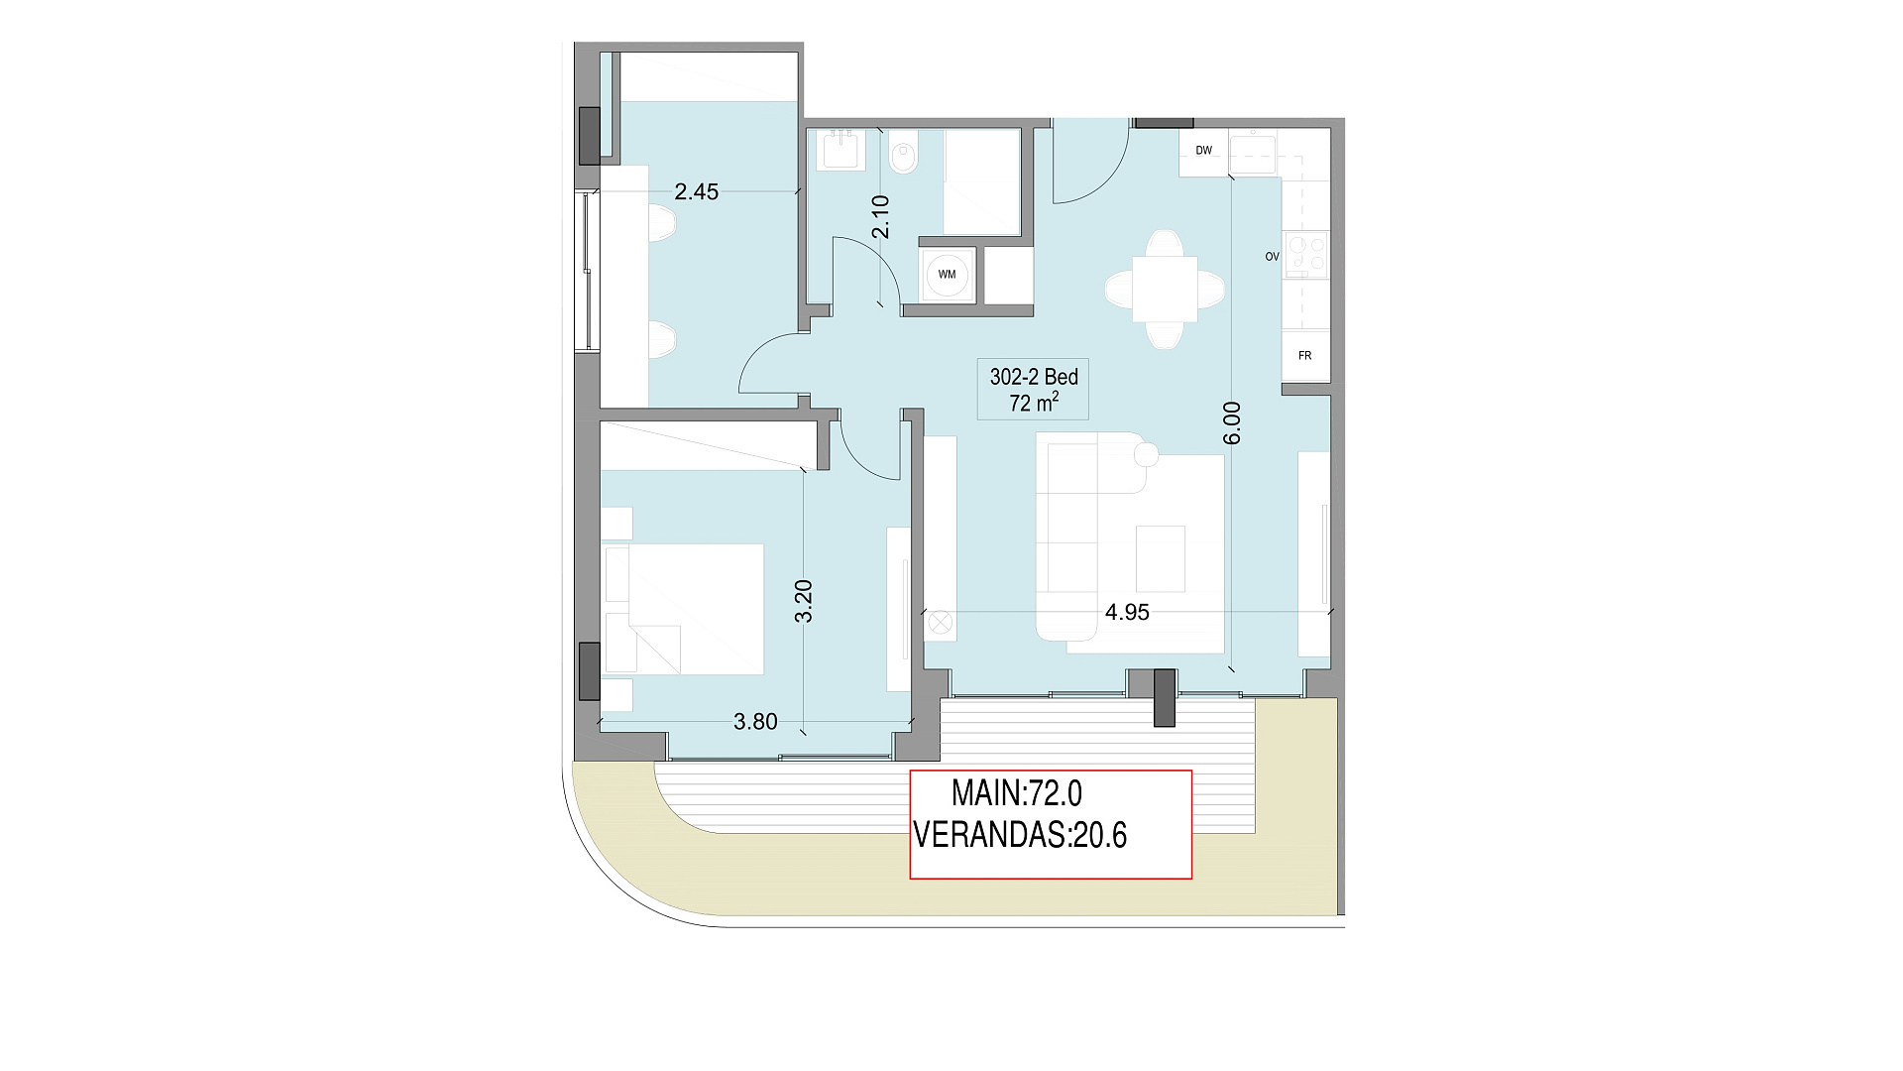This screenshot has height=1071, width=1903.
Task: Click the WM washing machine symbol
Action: coord(948,275)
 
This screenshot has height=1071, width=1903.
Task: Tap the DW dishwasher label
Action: coord(1203,151)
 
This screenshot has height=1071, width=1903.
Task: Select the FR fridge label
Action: coord(1304,355)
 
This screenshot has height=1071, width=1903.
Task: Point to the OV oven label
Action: coord(1272,257)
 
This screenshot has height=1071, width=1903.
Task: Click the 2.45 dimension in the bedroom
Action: coord(696,192)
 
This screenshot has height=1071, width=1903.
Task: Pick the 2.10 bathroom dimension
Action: coord(880,216)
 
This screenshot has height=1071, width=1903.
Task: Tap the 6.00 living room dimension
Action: coord(1232,422)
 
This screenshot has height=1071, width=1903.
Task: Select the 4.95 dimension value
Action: coord(1127,613)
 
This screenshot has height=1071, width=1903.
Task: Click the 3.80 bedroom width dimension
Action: coord(755,722)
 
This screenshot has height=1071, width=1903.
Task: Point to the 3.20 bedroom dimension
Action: coord(804,601)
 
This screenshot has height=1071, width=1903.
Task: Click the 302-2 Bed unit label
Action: coord(1034,377)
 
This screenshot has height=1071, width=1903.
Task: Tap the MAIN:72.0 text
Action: coord(1017,793)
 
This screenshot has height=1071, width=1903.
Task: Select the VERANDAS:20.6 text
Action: coord(1020,835)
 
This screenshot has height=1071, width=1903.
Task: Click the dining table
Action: coord(1165,289)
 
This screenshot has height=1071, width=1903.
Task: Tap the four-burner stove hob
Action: coord(1305,253)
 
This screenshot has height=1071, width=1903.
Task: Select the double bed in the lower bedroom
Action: coord(684,609)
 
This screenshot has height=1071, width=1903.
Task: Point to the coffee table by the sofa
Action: coord(1161,558)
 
